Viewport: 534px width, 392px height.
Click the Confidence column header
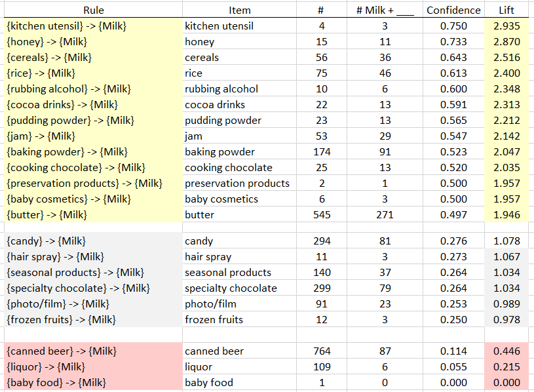pos(453,10)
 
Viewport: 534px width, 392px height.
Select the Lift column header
pos(506,10)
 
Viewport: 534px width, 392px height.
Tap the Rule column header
pos(93,10)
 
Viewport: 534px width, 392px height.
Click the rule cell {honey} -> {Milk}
pos(47,42)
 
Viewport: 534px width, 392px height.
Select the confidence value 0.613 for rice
pos(453,73)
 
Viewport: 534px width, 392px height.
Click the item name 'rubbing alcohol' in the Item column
pos(221,89)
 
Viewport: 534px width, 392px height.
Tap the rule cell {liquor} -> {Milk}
pos(47,367)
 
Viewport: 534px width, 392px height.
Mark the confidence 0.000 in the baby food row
pos(453,383)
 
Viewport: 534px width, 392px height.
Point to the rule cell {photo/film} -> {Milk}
pos(58,304)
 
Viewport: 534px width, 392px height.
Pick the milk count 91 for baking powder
pos(385,152)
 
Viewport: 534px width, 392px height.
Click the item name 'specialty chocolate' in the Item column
pos(231,288)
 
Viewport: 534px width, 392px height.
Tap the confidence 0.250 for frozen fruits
pos(453,320)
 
